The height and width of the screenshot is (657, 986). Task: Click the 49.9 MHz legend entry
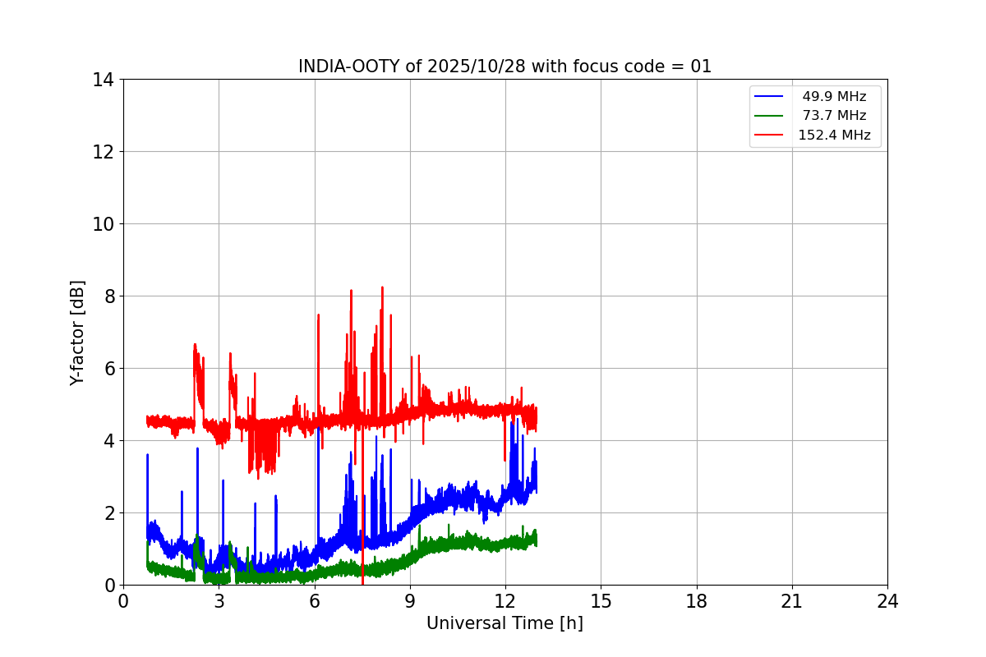tap(834, 97)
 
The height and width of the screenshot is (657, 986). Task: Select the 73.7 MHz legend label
tap(834, 116)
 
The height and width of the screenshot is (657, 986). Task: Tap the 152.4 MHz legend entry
tap(834, 136)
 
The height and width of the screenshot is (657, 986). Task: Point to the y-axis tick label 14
tap(103, 80)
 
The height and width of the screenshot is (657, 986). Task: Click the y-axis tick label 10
tap(103, 224)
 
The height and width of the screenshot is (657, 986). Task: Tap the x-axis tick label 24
tap(887, 602)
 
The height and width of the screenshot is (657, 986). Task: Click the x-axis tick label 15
tap(601, 602)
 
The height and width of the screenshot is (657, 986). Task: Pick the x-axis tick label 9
tap(410, 602)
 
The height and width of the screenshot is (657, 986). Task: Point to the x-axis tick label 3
tap(219, 602)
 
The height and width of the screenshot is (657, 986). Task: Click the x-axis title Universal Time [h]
tap(505, 624)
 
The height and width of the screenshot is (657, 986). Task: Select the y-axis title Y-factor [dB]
tap(78, 333)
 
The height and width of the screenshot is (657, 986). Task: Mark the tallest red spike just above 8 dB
tap(382, 288)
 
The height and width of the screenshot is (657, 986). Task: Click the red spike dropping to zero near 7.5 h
tap(362, 567)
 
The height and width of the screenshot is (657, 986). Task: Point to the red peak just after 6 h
tap(318, 315)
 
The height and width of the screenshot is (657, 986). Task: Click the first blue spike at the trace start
tap(147, 456)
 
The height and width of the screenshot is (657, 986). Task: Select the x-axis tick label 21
tap(792, 602)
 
